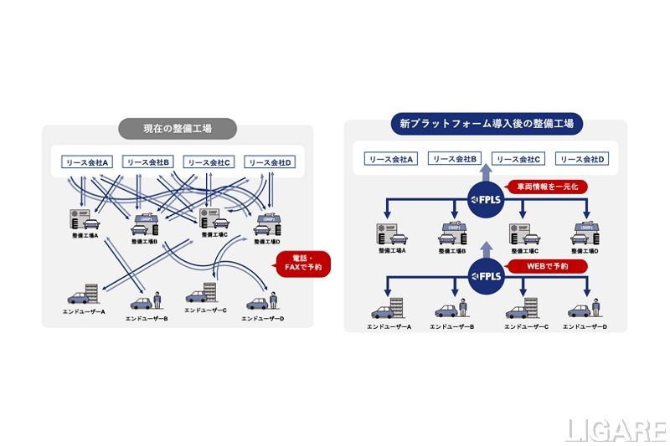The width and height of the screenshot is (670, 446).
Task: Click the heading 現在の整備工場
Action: [178, 128]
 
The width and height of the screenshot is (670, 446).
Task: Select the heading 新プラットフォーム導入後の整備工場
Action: [486, 124]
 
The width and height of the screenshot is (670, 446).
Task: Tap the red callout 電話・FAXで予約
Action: [302, 262]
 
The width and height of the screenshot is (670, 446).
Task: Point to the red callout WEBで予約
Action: [549, 265]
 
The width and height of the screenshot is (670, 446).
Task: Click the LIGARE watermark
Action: [616, 428]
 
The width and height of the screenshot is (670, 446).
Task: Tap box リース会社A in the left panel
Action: [87, 161]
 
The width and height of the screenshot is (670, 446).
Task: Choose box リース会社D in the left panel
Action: [271, 162]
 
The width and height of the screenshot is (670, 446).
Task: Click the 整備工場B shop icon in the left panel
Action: [147, 225]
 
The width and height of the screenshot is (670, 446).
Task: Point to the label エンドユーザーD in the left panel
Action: [264, 319]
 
